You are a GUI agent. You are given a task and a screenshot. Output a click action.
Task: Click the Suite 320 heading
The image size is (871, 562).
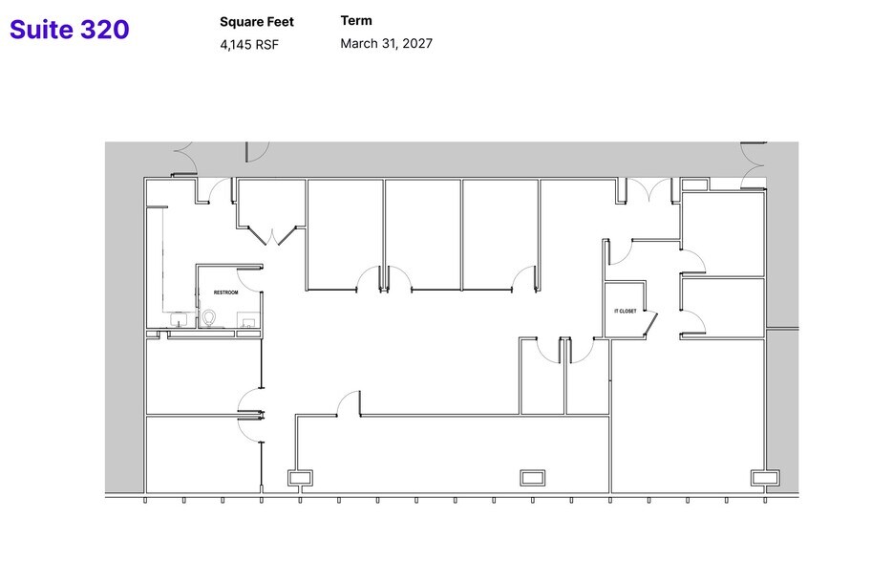pyautogui.click(x=69, y=30)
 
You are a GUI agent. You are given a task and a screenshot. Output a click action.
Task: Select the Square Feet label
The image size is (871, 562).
pyautogui.click(x=257, y=22)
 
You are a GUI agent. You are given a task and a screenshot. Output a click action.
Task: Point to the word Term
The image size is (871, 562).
pyautogui.click(x=356, y=21)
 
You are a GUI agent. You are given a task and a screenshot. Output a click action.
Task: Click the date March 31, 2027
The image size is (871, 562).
pyautogui.click(x=386, y=43)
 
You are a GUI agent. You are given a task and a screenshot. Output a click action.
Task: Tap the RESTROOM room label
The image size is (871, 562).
pyautogui.click(x=224, y=292)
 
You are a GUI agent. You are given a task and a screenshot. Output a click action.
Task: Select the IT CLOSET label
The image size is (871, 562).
pyautogui.click(x=625, y=312)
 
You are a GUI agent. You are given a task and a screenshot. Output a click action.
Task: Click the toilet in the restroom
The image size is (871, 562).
pyautogui.click(x=210, y=317)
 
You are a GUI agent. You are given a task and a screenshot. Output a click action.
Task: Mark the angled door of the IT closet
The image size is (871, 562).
pyautogui.click(x=652, y=325)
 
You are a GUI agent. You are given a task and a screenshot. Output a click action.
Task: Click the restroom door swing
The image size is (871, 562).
pyautogui.click(x=249, y=278)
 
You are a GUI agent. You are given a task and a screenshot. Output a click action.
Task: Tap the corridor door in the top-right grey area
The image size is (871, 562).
pyautogui.click(x=753, y=153)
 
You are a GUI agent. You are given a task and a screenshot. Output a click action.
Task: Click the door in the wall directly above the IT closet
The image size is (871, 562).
pyautogui.click(x=619, y=251)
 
